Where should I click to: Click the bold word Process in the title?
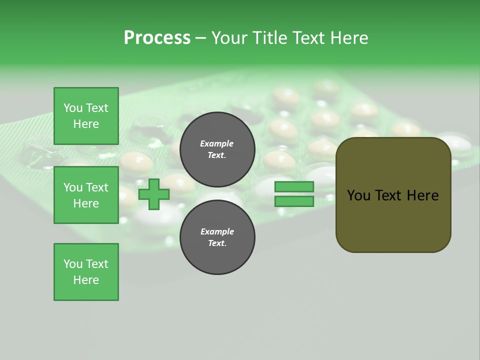pyautogui.click(x=157, y=38)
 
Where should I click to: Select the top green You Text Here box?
pyautogui.click(x=86, y=116)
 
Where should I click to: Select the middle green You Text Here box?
pyautogui.click(x=86, y=195)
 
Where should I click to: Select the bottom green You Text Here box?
pyautogui.click(x=86, y=272)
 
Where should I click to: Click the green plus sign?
pyautogui.click(x=154, y=194)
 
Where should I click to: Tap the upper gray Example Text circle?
pyautogui.click(x=217, y=149)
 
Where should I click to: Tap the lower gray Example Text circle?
pyautogui.click(x=217, y=237)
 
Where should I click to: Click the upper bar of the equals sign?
pyautogui.click(x=294, y=187)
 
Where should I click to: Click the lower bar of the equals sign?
pyautogui.click(x=294, y=201)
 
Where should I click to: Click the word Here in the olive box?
pyautogui.click(x=422, y=195)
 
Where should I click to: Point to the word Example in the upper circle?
pyautogui.click(x=217, y=143)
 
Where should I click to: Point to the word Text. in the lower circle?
pyautogui.click(x=217, y=243)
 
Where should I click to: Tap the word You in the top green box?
pyautogui.click(x=72, y=108)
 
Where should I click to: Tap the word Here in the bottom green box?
pyautogui.click(x=86, y=280)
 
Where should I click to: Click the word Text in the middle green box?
pyautogui.click(x=97, y=187)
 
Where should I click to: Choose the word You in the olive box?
pyautogui.click(x=359, y=195)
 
